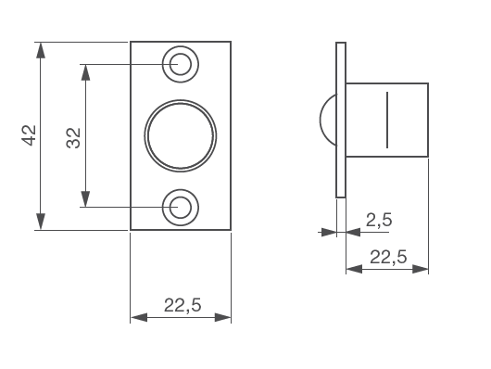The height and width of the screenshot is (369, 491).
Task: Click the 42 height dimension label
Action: (29, 135)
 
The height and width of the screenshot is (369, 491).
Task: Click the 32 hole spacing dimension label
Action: (73, 138)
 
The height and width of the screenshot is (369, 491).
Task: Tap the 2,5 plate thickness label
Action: (379, 220)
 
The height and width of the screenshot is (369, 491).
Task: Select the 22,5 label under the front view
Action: (183, 305)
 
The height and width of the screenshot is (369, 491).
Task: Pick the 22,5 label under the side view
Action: (388, 257)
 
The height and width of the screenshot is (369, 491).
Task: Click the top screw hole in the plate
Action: (181, 64)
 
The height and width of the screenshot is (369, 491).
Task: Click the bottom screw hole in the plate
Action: (181, 208)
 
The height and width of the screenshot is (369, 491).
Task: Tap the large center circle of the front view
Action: (181, 135)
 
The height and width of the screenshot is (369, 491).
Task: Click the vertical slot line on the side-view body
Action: (387, 120)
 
